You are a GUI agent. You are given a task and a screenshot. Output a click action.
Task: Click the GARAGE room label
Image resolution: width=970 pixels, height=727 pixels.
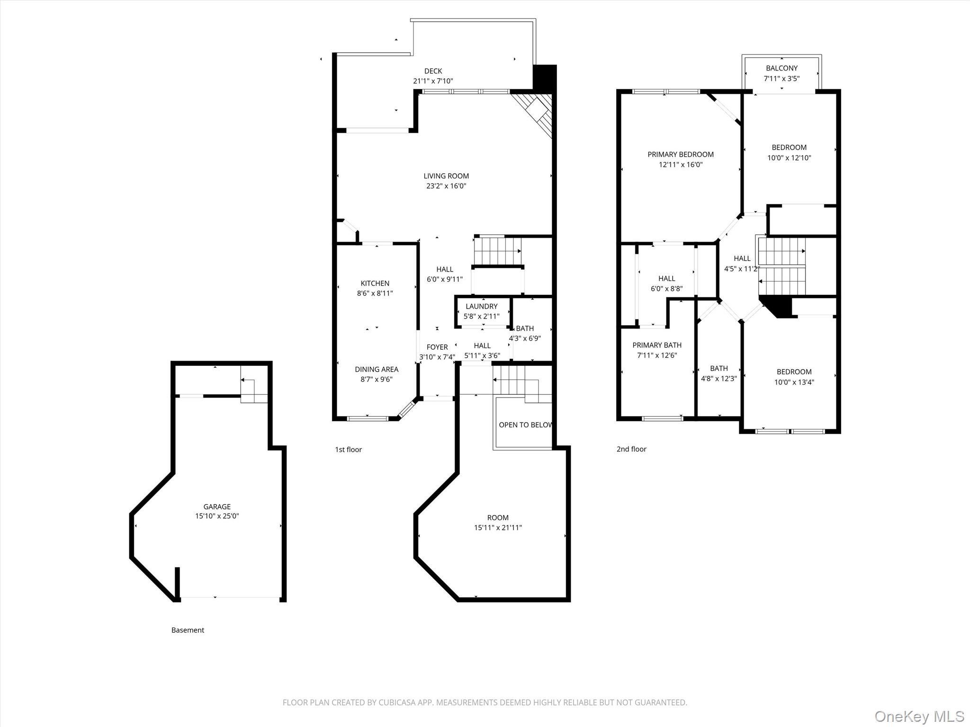point(217,506)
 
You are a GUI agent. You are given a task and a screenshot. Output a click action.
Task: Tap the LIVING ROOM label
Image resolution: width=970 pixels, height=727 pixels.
point(446,176)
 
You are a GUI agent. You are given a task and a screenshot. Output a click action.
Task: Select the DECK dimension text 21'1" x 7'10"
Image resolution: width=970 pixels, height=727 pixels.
point(433,81)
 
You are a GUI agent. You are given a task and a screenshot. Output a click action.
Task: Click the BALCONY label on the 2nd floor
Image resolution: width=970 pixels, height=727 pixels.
point(781,68)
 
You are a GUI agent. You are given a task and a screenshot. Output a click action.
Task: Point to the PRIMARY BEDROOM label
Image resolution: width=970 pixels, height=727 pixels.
point(681,154)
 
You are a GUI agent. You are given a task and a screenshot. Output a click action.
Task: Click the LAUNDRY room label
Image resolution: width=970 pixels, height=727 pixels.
point(481,306)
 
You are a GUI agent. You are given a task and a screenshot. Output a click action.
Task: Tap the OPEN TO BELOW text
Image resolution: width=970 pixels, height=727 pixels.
point(525,425)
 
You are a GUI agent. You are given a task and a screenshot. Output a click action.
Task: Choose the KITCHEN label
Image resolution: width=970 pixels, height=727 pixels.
point(375,283)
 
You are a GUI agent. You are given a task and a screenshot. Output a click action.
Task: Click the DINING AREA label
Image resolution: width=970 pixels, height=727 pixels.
point(377,369)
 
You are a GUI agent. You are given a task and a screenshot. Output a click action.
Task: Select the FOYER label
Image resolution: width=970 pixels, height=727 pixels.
point(437,347)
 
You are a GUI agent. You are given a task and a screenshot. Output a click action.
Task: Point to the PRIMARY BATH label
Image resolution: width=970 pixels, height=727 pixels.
point(657,345)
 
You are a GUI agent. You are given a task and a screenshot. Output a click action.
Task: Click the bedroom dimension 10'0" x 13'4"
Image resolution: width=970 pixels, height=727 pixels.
point(794,382)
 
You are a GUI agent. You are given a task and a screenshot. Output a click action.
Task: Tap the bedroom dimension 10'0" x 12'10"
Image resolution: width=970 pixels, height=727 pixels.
point(789,158)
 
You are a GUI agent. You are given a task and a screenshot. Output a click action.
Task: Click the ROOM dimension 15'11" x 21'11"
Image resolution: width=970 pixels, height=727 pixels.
point(498,528)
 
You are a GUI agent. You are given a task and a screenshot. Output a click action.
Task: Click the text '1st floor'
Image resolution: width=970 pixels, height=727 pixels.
point(348,450)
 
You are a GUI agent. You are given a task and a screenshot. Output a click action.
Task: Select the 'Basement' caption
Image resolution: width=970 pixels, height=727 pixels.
point(188,630)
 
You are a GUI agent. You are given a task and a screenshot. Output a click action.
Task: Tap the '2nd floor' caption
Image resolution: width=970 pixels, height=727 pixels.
point(631,449)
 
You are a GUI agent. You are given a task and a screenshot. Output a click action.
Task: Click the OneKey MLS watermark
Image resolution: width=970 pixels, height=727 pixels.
point(919,716)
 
